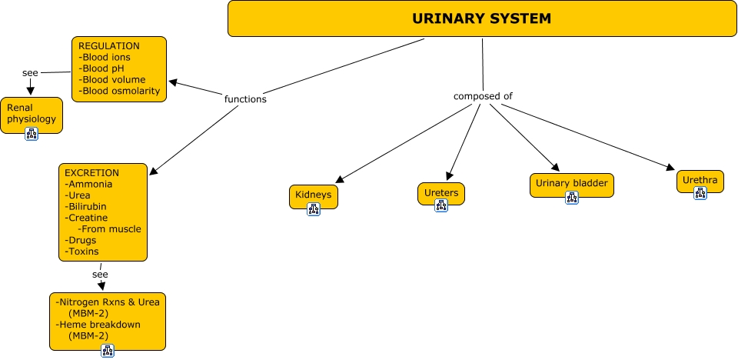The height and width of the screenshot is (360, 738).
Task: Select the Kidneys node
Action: tap(313, 195)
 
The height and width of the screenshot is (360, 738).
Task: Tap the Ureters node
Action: tap(440, 192)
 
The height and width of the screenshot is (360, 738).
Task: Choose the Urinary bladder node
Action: tap(571, 183)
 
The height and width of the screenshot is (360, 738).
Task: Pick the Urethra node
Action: tap(700, 181)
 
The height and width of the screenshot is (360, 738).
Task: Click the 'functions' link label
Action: tap(245, 99)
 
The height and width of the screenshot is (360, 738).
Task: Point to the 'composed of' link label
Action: tap(483, 96)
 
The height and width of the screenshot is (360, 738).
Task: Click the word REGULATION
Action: tap(109, 46)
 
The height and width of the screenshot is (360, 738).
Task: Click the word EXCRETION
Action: tap(91, 173)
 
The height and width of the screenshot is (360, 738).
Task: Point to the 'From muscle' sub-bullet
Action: tap(110, 228)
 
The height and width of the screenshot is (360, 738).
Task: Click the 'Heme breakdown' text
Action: tap(98, 325)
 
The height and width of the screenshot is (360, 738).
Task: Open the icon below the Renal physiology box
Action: tap(32, 134)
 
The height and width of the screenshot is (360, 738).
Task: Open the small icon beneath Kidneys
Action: tap(313, 209)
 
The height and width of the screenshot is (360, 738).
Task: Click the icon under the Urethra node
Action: tap(700, 194)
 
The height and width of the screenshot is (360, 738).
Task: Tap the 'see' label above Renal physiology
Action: tap(30, 73)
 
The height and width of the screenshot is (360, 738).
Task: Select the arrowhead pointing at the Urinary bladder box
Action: tap(554, 165)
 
